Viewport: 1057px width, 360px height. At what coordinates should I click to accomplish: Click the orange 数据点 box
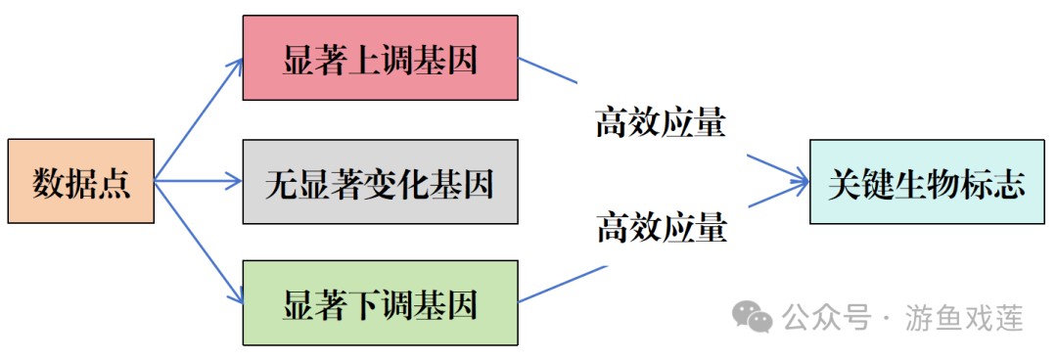[x=80, y=181]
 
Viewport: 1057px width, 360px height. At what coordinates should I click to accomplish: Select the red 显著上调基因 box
[x=380, y=58]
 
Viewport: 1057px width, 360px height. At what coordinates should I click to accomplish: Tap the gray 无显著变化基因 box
[x=380, y=181]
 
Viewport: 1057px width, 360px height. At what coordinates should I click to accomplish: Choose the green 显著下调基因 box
[x=380, y=303]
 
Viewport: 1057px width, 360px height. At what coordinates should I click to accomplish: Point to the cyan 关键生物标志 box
[x=926, y=181]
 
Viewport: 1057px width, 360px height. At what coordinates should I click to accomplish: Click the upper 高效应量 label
[x=662, y=123]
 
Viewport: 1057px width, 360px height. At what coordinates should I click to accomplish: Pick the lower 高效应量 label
[x=662, y=229]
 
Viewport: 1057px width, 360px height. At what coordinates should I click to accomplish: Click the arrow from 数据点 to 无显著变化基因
[x=199, y=181]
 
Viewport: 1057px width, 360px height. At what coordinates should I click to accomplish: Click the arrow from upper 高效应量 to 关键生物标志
[x=778, y=167]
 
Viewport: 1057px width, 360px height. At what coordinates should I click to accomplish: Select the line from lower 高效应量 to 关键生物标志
[x=778, y=197]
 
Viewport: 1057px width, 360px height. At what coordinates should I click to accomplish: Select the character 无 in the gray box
[x=280, y=182]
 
